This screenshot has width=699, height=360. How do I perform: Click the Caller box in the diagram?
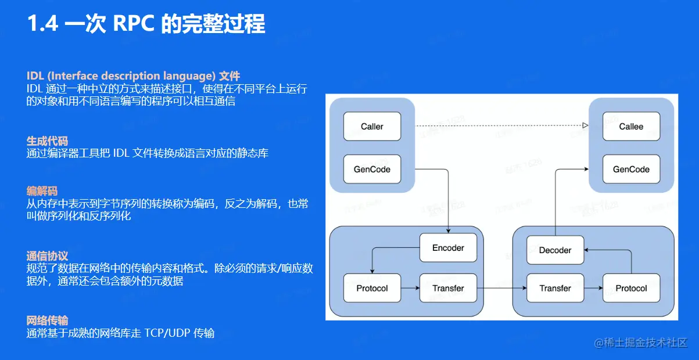[372, 127]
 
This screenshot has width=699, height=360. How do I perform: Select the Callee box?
[631, 127]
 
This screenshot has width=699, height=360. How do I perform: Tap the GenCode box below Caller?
[372, 170]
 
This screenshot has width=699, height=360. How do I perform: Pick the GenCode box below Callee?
[631, 170]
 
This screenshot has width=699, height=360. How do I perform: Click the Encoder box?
[448, 248]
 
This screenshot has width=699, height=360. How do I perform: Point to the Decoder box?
[555, 250]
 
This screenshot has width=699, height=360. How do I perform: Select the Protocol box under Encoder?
[372, 288]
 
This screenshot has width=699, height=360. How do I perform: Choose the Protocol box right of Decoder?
[631, 288]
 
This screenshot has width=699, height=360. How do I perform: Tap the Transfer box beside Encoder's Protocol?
[448, 288]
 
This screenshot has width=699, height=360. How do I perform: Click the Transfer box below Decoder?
[555, 288]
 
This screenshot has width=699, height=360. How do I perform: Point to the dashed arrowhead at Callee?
[586, 125]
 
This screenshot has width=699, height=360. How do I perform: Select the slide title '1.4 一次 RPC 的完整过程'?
[146, 24]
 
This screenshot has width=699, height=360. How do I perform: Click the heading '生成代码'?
[47, 141]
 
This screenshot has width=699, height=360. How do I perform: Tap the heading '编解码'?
[42, 191]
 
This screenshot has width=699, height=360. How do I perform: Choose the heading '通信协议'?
[47, 256]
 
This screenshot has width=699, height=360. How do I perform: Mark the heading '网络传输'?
[47, 321]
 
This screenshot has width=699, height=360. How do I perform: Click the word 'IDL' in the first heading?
[35, 76]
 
